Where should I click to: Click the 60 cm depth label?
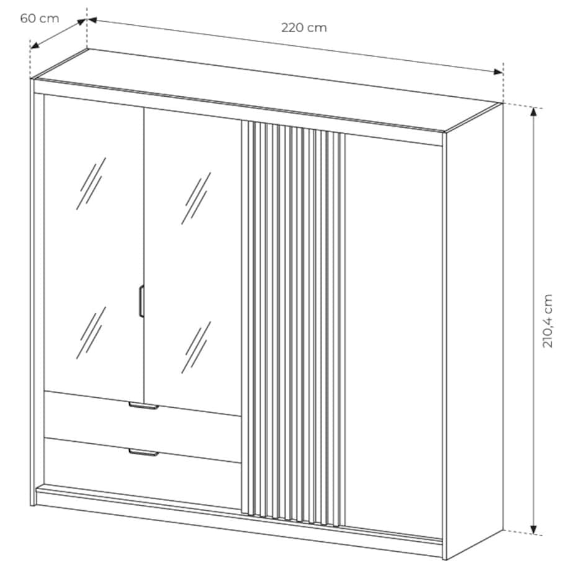coord(40,18)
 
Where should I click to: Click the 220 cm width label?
coord(304,28)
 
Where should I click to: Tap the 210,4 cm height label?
coord(547,321)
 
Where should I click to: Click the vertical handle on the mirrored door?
coord(142,301)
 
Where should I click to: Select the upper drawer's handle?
coord(143,406)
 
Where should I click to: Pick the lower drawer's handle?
coord(143,452)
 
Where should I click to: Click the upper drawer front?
coord(142,426)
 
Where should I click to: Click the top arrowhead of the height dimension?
coord(534,112)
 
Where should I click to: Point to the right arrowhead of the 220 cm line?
coord(498,72)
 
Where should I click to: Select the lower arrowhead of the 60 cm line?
coord(35,45)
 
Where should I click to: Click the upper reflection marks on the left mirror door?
coord(91,184)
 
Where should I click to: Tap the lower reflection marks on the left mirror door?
coord(91,333)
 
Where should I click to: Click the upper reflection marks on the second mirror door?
coord(196,198)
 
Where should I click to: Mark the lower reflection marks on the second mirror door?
coord(196,348)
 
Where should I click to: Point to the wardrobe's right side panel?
coord(473,331)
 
